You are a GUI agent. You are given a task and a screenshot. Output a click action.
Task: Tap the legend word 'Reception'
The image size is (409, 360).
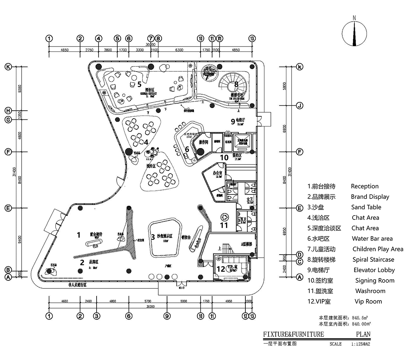(364, 186)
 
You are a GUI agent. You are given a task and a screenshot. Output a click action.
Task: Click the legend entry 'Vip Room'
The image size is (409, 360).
(368, 302)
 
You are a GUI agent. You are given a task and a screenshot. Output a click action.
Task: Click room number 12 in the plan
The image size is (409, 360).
(220, 269)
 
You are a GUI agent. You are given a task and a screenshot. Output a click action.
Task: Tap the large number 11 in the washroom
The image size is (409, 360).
(224, 225)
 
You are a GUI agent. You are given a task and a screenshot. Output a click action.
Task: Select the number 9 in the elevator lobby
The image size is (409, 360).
(233, 121)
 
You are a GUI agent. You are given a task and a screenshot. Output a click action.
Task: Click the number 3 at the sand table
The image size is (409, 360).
(153, 237)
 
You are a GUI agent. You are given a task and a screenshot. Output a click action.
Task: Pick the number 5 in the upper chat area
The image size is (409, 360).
(139, 84)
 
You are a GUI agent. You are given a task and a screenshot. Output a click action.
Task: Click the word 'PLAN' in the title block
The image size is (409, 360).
(363, 334)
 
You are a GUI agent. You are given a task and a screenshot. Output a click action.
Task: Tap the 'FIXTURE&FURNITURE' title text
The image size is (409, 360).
(293, 334)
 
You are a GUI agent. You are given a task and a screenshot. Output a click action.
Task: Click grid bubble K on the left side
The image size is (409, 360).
(8, 67)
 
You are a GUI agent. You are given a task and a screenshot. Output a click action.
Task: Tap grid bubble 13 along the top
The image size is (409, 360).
(253, 38)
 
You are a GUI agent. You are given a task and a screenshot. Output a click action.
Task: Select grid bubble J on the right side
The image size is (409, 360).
(299, 106)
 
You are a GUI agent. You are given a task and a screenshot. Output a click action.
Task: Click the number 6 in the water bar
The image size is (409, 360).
(187, 149)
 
